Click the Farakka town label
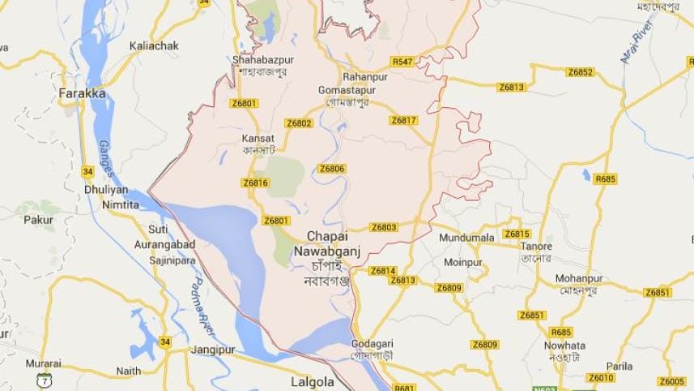(x=83, y=94)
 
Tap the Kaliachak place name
(x=154, y=46)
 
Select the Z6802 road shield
(x=299, y=123)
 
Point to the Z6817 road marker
(x=403, y=120)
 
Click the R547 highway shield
(x=402, y=62)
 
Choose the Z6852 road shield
(x=580, y=72)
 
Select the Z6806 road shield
(x=331, y=169)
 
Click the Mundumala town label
(x=466, y=238)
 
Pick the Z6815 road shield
(x=517, y=234)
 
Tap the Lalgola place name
(x=312, y=380)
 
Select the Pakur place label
(x=38, y=219)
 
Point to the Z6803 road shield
(x=384, y=227)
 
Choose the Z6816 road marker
(x=255, y=183)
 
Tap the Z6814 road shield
(x=383, y=270)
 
